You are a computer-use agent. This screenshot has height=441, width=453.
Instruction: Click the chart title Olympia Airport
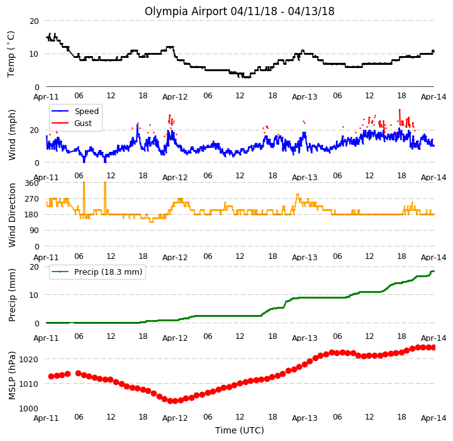(x=186, y=11)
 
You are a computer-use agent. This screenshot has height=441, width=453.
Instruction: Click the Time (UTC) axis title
(x=240, y=430)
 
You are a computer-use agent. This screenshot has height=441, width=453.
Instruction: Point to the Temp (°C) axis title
(x=11, y=54)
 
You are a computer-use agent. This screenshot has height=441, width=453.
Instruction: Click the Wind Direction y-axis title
(x=12, y=215)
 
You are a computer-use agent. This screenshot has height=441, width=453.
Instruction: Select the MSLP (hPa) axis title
(x=12, y=375)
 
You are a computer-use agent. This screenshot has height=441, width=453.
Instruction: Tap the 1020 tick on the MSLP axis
(x=28, y=359)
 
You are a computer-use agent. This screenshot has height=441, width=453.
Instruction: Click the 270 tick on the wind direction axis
(x=32, y=199)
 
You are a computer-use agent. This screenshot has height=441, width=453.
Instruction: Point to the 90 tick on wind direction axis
(x=34, y=231)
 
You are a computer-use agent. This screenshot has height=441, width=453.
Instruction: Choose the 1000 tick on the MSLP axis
(x=28, y=409)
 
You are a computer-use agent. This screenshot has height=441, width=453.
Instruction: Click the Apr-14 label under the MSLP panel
(x=433, y=418)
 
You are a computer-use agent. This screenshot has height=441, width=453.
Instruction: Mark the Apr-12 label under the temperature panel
(x=175, y=97)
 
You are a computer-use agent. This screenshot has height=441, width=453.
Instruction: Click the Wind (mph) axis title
(x=12, y=135)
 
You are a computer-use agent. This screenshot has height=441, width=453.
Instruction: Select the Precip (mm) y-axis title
(x=12, y=295)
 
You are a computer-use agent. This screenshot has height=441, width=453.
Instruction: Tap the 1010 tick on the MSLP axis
(x=28, y=384)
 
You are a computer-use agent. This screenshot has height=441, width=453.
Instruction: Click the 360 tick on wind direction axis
(x=32, y=183)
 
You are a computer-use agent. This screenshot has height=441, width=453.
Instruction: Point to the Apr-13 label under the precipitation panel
(x=305, y=338)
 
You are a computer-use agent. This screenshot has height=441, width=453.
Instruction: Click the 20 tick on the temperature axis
(x=34, y=21)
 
